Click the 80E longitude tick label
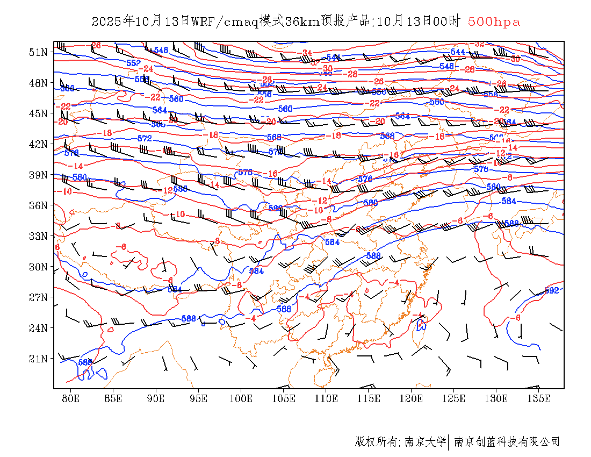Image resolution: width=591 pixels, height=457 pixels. click(71, 398)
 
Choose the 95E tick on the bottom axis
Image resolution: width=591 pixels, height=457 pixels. click(198, 398)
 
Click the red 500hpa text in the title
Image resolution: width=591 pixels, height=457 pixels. click(494, 22)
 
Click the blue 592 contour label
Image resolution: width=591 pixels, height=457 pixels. click(552, 291)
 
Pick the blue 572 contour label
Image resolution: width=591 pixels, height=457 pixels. click(145, 139)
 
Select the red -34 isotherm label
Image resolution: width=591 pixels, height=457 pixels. click(307, 53)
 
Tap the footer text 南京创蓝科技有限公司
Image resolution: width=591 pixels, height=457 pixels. click(507, 442)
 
